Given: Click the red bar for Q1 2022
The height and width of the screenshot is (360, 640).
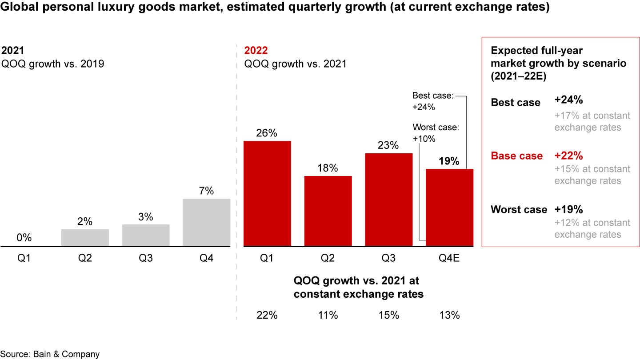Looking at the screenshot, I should (267, 193).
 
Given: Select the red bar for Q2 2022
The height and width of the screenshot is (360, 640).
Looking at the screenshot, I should (328, 211).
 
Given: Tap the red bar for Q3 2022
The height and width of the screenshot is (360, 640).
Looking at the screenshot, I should (389, 200).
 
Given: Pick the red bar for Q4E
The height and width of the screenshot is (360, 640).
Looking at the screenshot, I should (449, 207).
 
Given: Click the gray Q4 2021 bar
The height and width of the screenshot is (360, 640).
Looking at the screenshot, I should (207, 222).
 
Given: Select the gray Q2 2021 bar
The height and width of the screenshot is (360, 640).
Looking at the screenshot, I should (85, 237).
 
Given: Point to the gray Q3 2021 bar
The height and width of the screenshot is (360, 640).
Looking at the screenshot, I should (146, 235).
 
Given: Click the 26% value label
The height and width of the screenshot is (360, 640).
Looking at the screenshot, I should (267, 133).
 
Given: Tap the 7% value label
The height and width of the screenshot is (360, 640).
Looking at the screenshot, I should (207, 191).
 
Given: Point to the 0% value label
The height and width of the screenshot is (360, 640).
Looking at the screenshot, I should (24, 238).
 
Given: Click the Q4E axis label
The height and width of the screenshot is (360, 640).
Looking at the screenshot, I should (449, 258).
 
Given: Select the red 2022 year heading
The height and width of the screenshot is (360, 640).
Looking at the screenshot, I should (256, 50).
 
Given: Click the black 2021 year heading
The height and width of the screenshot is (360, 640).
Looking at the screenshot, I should (13, 50).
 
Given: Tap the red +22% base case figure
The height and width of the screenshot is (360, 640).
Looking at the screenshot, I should (568, 156).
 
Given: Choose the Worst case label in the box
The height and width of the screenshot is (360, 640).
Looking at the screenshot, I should (519, 209).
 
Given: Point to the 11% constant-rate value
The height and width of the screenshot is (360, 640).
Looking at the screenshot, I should (328, 315).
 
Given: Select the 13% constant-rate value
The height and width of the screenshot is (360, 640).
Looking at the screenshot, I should (449, 315).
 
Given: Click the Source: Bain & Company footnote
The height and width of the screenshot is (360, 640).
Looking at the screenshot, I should (50, 354).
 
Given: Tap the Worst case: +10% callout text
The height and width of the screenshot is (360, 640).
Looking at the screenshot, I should (435, 133).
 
